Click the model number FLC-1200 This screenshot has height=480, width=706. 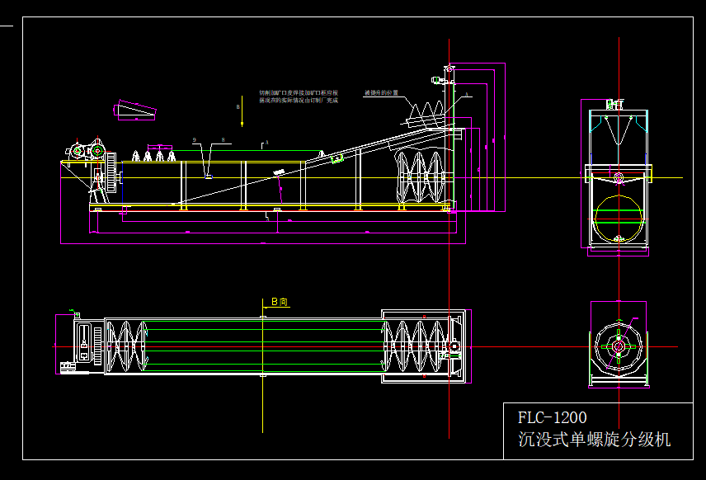point(552,416)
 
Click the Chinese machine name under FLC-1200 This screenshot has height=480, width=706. point(594,439)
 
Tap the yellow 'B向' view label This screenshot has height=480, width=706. point(279,303)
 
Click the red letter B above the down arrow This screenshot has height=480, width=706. point(238,107)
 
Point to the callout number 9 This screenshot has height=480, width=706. point(195,140)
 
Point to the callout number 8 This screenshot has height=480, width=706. point(223,140)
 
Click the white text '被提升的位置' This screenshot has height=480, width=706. point(381,92)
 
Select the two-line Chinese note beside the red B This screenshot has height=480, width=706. point(299,96)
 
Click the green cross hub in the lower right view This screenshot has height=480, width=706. point(618,346)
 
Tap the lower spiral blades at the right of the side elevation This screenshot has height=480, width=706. point(421,177)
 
